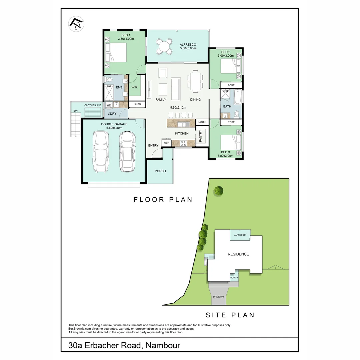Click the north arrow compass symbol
pyautogui.click(x=76, y=24)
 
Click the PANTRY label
pyautogui.click(x=200, y=136)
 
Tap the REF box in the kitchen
pyautogui.click(x=166, y=143)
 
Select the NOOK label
pyautogui.click(x=202, y=122)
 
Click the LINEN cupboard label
pyautogui.click(x=137, y=104)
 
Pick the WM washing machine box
pyautogui.click(x=109, y=105)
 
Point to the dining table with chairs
pyautogui.click(x=195, y=81)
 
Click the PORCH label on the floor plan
pyautogui.click(x=160, y=171)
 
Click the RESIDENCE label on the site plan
pyautogui.click(x=238, y=254)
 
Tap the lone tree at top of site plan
pyautogui.click(x=218, y=191)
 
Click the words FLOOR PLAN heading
pyautogui.click(x=163, y=200)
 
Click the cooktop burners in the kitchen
pyautogui.click(x=183, y=143)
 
